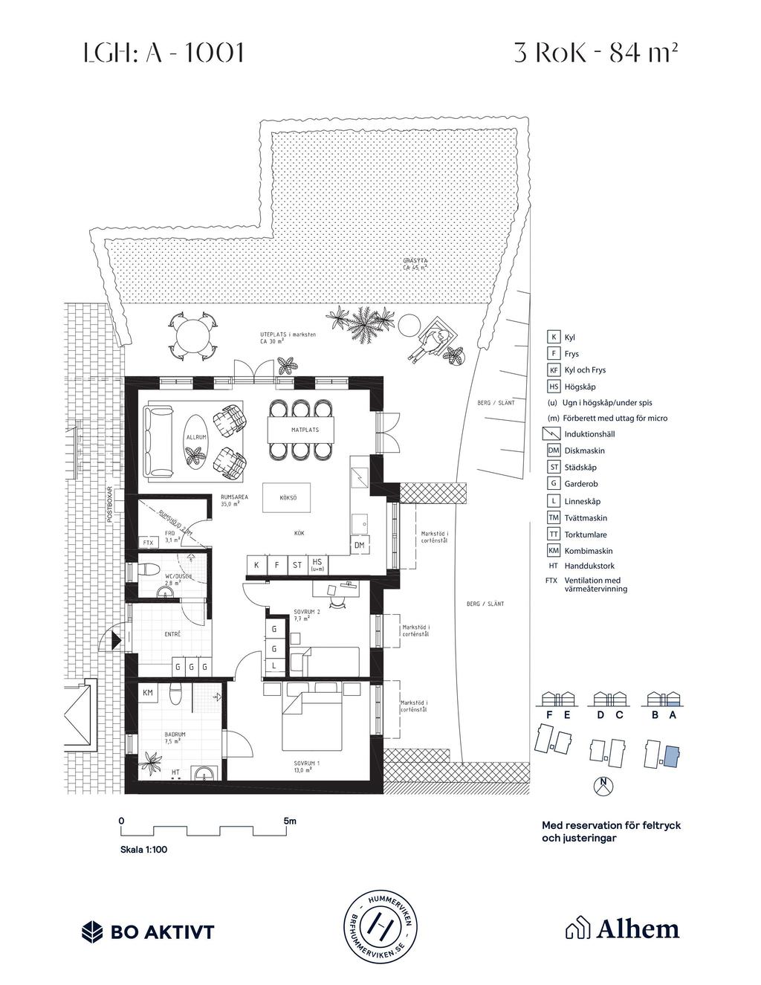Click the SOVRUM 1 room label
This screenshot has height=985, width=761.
(306, 766)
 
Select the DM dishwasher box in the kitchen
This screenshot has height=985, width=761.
(360, 545)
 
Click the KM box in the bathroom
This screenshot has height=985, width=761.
(148, 692)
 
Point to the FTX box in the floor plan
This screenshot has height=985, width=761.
(148, 543)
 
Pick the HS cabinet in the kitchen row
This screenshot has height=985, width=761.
(317, 565)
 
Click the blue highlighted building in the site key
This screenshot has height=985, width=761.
(670, 756)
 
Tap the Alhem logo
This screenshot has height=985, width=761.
(623, 929)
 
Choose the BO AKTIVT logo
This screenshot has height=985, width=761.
(148, 931)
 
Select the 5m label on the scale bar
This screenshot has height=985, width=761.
(290, 821)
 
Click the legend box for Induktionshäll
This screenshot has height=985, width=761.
(553, 434)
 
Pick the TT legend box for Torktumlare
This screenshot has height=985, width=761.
(553, 535)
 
